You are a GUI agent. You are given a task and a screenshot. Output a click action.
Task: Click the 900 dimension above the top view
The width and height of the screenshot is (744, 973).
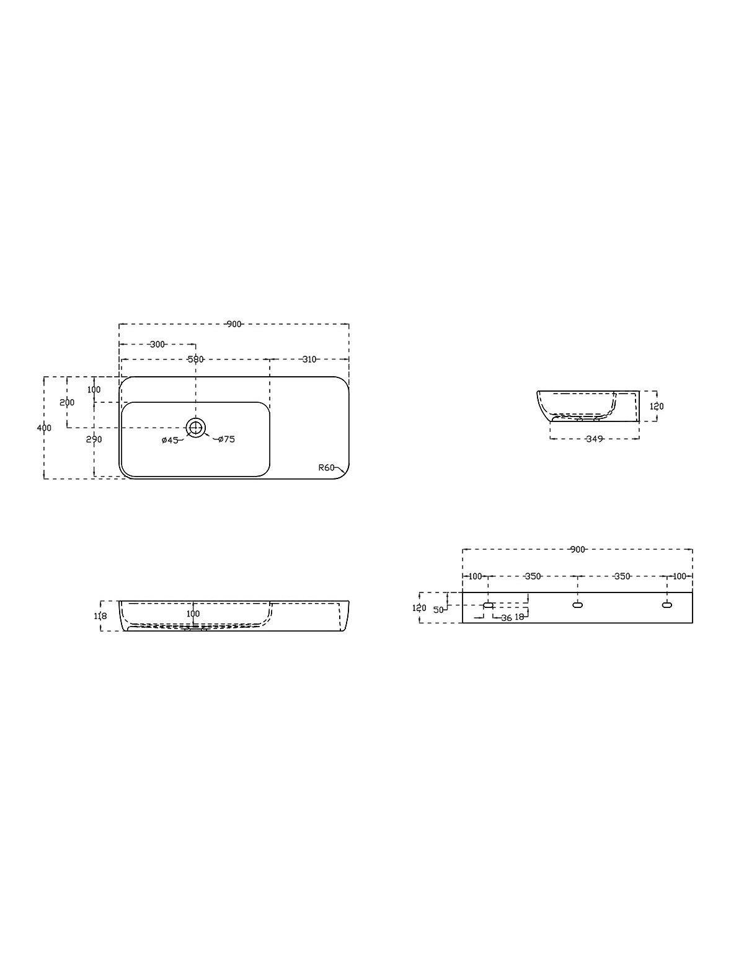click(x=234, y=324)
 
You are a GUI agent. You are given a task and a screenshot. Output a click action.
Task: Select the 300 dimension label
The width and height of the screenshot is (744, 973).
click(x=157, y=345)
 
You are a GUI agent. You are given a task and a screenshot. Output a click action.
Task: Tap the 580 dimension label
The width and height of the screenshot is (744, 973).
click(x=195, y=359)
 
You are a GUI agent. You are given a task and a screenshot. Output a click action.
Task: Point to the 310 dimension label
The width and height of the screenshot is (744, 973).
click(x=309, y=359)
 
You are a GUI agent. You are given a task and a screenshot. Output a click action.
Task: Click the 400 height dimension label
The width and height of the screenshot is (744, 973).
click(x=45, y=428)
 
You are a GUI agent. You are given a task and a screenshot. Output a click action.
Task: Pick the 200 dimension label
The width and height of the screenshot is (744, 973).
click(x=68, y=402)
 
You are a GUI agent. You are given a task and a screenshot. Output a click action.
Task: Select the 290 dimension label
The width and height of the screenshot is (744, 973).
click(x=94, y=439)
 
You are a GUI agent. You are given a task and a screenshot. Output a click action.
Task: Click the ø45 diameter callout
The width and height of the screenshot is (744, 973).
click(x=170, y=440)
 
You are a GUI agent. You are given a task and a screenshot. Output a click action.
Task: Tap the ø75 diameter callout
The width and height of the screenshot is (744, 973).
click(x=226, y=439)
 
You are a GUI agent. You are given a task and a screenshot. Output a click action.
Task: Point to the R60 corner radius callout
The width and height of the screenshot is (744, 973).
click(x=326, y=467)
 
